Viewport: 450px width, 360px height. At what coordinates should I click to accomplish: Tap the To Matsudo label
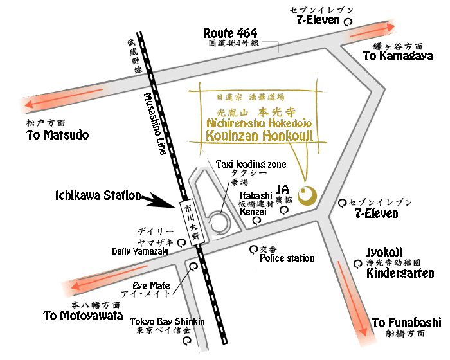click(58, 135)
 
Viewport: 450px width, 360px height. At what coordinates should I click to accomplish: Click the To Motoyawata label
click(83, 315)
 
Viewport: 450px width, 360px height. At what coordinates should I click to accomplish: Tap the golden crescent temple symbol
click(309, 194)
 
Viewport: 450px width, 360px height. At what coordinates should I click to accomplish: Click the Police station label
click(287, 258)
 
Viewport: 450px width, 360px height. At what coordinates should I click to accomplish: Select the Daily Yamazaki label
click(140, 251)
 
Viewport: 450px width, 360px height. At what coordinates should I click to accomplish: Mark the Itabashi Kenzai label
click(255, 202)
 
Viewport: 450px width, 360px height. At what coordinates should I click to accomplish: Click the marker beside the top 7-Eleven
click(348, 21)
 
